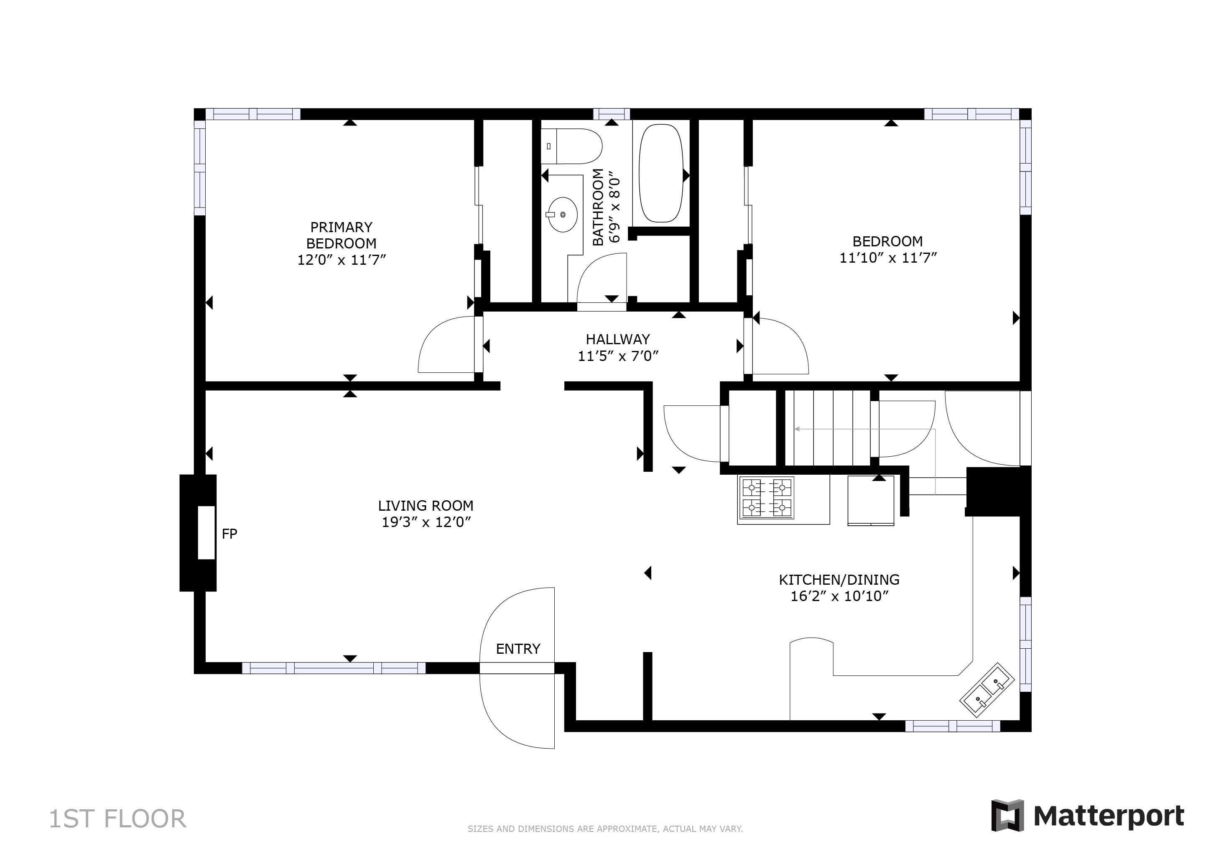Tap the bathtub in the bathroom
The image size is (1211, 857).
661,173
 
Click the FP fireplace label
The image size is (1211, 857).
229,534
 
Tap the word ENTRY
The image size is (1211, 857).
518,649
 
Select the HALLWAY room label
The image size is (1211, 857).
618,339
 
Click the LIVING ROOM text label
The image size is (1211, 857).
426,506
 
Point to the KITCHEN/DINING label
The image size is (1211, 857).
839,580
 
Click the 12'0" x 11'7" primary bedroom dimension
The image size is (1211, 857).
342,260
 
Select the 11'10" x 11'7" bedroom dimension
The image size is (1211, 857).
888,258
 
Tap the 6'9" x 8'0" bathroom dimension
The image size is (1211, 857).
614,210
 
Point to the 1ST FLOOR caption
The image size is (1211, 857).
117,819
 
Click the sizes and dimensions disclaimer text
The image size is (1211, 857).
605,829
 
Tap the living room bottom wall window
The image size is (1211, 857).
334,668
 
